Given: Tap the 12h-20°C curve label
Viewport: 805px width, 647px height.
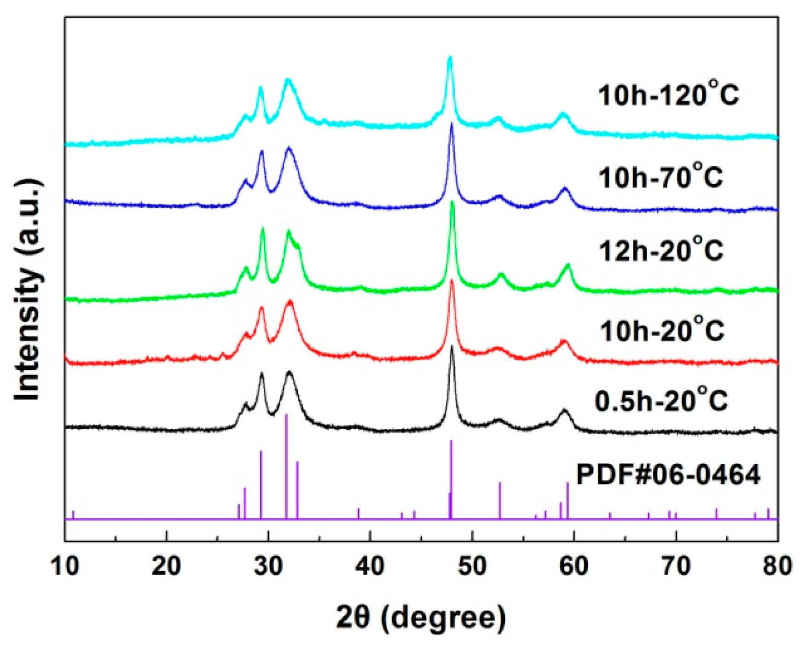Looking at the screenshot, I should click(661, 251).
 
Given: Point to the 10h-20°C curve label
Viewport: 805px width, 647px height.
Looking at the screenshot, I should click(662, 330).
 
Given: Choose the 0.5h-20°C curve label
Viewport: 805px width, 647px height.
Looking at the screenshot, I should click(661, 400).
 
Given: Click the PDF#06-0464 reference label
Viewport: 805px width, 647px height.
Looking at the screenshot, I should click(668, 475).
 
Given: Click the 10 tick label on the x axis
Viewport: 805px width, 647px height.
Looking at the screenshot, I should click(65, 565).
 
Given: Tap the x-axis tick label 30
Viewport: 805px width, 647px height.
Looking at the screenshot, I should click(268, 565).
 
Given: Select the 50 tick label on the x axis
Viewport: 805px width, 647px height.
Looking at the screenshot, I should click(472, 565).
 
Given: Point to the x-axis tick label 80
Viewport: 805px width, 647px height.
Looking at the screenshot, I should click(777, 565).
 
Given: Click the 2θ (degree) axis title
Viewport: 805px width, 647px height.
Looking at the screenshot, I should click(421, 618).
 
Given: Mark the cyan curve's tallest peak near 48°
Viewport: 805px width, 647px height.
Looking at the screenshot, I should click(450, 58).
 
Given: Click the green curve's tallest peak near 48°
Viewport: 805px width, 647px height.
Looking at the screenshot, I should click(452, 203).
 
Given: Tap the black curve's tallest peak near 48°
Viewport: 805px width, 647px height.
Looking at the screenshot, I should click(452, 347).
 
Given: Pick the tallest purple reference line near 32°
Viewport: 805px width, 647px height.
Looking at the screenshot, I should click(286, 465).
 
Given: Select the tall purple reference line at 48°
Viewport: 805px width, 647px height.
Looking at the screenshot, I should click(451, 479).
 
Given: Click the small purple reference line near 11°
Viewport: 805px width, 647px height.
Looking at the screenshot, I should click(73, 515).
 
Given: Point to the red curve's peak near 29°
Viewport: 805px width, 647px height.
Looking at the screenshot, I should click(262, 308).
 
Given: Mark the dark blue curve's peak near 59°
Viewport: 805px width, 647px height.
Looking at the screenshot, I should click(565, 189).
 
